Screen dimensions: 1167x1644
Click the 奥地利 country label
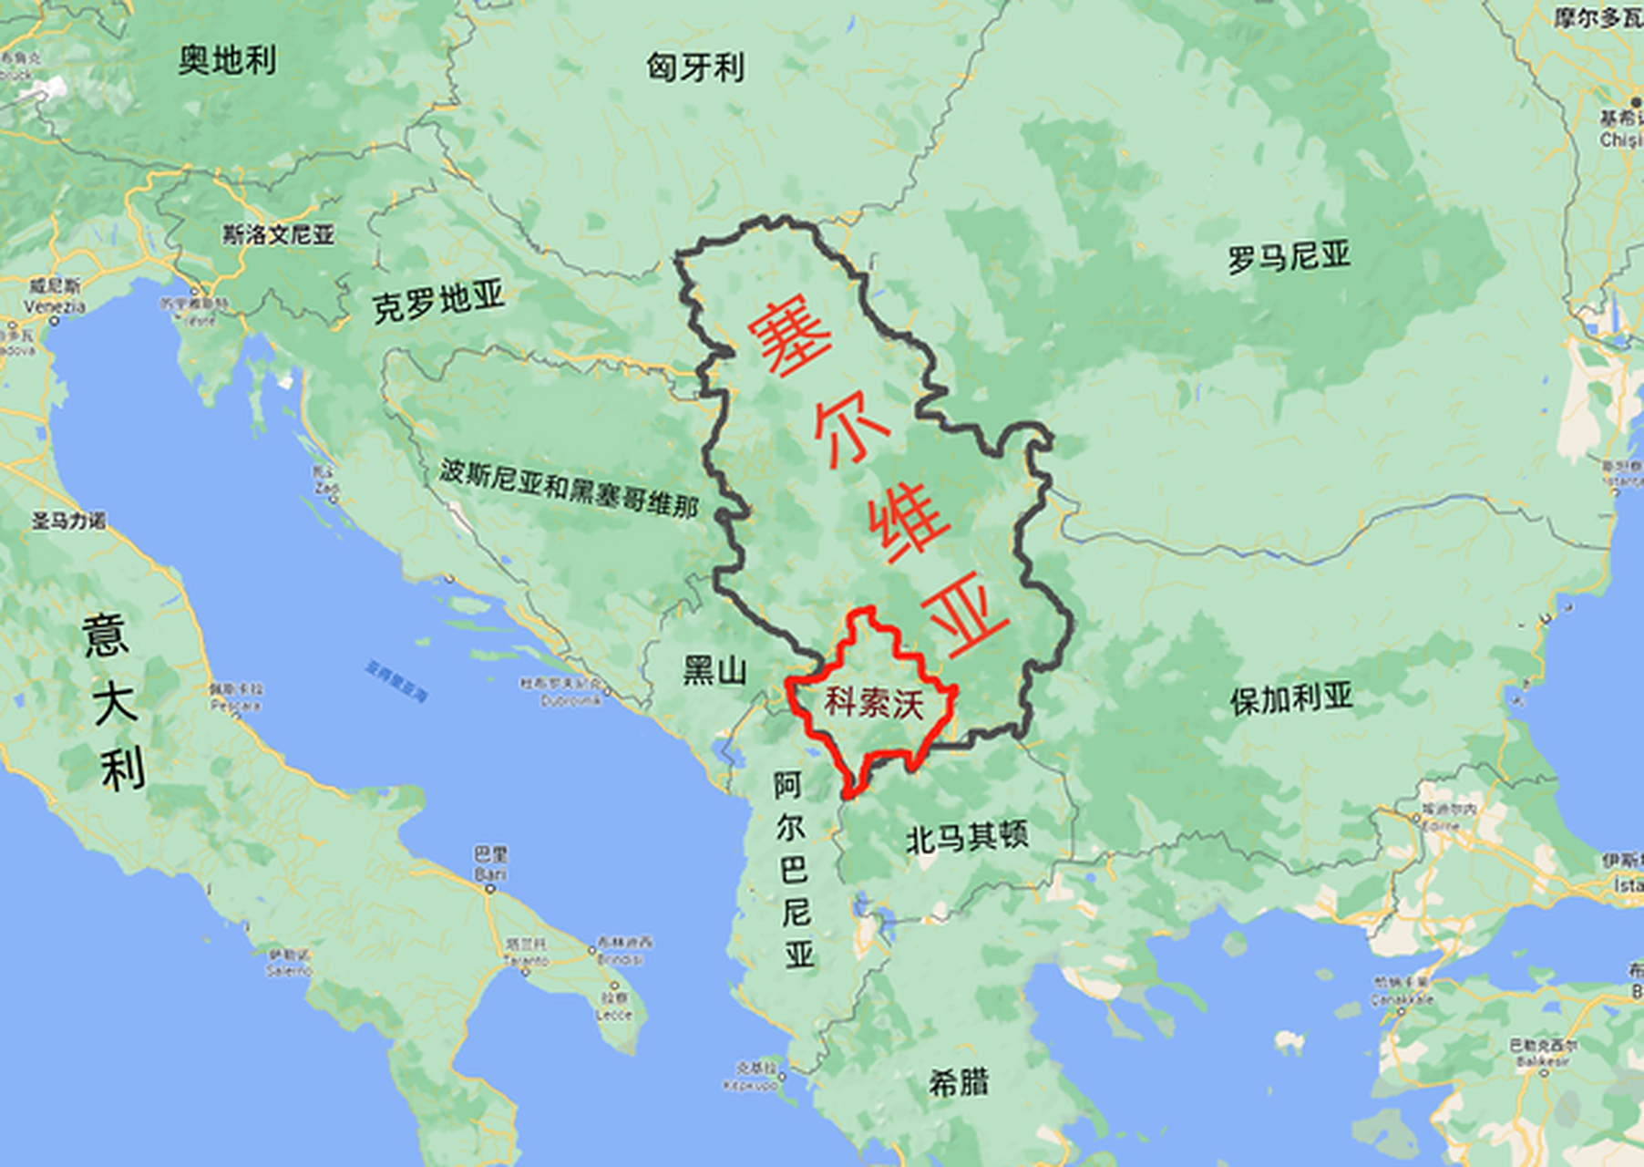[x=227, y=61]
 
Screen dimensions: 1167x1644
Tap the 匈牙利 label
[x=695, y=67]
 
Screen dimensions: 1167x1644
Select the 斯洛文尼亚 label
[x=279, y=234]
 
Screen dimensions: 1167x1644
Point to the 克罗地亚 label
[x=438, y=303]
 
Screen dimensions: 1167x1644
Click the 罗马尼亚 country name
[x=1288, y=257]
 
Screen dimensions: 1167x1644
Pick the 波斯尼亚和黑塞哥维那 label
[x=570, y=488]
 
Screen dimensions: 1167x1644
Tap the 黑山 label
[x=715, y=671]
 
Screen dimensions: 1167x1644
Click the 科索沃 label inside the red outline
[x=873, y=703]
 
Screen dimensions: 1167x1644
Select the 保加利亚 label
[x=1291, y=698]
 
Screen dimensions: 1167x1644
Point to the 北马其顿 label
[x=967, y=836]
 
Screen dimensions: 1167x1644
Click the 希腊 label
[x=959, y=1083]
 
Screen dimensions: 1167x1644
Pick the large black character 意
[x=105, y=635]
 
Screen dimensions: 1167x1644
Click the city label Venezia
[x=55, y=307]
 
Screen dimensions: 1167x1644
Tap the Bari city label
[x=490, y=874]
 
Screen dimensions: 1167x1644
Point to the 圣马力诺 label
[x=69, y=521]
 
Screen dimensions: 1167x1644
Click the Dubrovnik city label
[x=571, y=701]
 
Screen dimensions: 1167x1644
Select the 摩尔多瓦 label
[x=1598, y=17]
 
